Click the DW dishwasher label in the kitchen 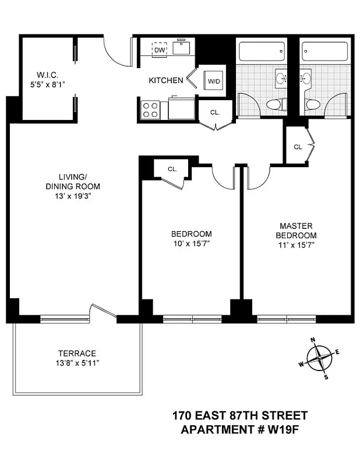click(x=159, y=51)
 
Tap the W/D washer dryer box click(x=214, y=80)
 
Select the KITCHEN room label click(x=165, y=80)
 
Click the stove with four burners click(x=150, y=110)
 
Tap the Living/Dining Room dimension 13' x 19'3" click(x=72, y=196)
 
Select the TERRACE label click(x=77, y=354)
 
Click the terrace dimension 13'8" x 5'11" click(x=77, y=363)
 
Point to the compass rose click(x=319, y=358)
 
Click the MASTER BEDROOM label click(x=296, y=230)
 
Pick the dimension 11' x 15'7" click(x=296, y=245)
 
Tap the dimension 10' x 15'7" click(x=191, y=244)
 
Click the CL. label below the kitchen click(x=214, y=111)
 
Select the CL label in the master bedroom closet click(x=298, y=147)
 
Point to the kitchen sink click(x=185, y=49)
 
